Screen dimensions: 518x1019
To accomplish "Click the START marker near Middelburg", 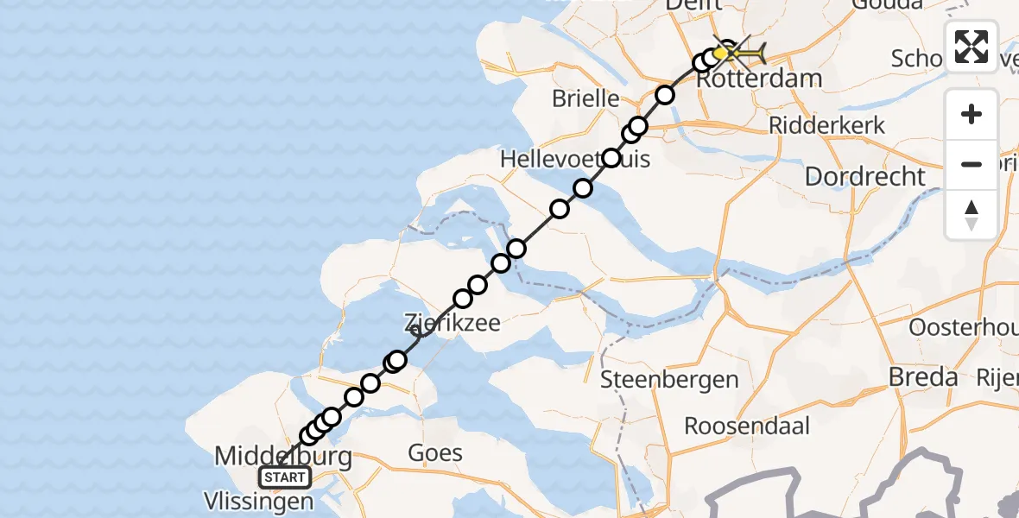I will (285, 477).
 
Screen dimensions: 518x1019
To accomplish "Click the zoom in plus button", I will (972, 115).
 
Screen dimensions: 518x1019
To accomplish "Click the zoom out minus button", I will (972, 164).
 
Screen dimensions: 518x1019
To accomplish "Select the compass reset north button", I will (972, 214).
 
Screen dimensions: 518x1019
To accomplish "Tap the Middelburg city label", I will (282, 456).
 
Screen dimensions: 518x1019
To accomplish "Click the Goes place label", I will (435, 453).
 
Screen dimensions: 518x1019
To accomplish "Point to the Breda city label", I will (924, 377).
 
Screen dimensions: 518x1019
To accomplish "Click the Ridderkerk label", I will (827, 125).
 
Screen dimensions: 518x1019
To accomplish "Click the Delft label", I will (693, 5).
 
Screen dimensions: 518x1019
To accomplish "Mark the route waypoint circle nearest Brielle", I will (665, 95).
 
